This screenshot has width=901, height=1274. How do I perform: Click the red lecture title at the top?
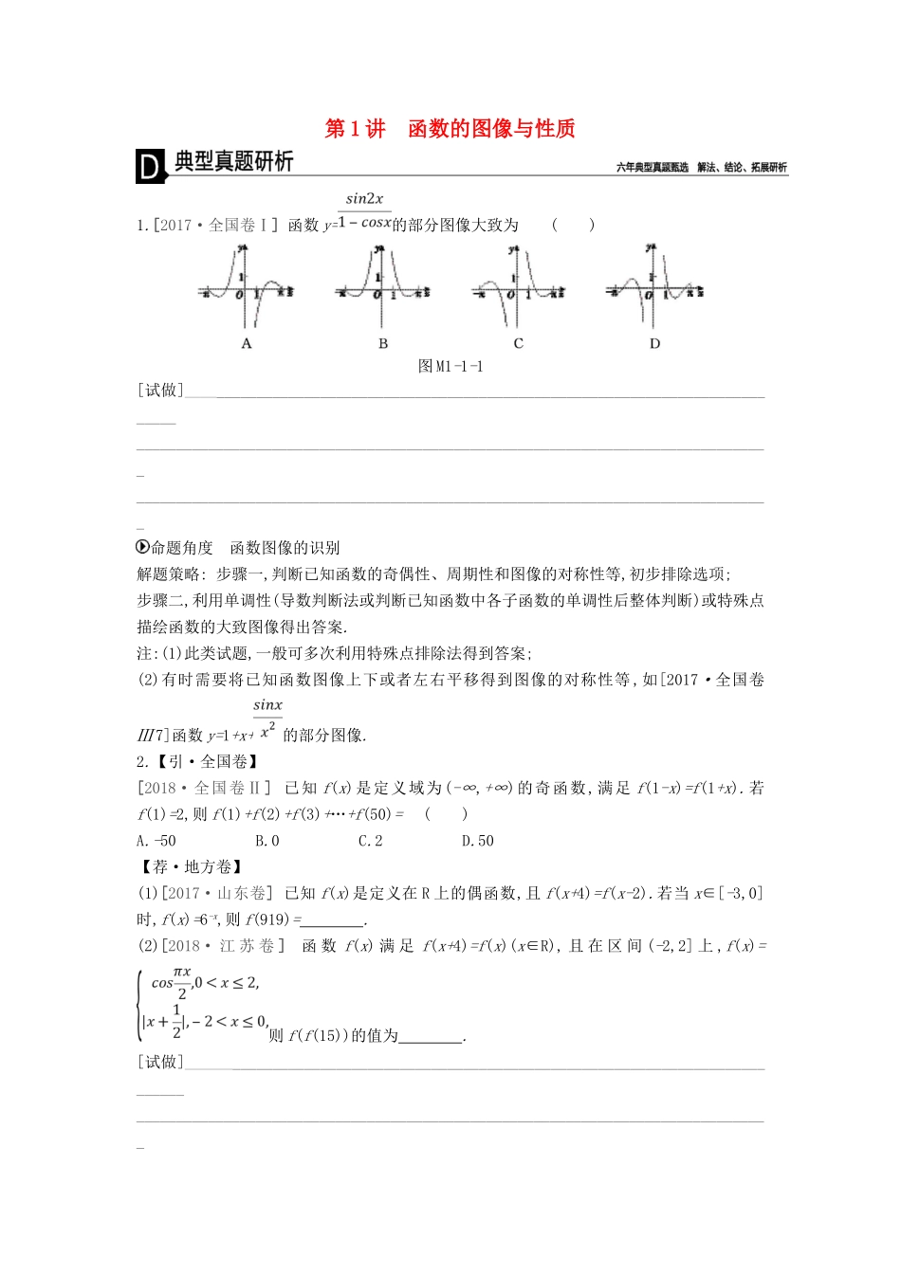pos(450,129)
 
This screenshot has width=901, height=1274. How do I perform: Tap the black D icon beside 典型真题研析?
pos(150,167)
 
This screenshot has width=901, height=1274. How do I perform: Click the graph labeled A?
pos(247,286)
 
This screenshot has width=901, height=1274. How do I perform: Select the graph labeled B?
pos(382,286)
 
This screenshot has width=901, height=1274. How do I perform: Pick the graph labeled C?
pos(518,286)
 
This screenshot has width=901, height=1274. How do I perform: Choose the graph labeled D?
pos(654,286)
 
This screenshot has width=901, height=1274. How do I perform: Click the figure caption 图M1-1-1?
pos(450,367)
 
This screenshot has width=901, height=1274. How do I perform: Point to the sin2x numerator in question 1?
pos(365,199)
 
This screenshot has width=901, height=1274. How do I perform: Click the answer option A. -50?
pos(156,841)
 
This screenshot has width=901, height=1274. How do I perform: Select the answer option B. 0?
pos(267,841)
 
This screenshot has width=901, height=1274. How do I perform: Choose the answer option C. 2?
pos(370,841)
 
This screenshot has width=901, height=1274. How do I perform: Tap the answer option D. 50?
pos(477,841)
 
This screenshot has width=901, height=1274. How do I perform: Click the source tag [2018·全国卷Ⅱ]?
pos(204,788)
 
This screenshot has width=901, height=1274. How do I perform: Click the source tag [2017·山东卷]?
pos(217,893)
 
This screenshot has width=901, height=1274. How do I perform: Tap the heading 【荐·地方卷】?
pos(190,867)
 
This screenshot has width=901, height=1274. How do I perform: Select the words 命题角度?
pos(182,548)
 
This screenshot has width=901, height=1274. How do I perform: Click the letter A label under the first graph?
pos(247,344)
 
